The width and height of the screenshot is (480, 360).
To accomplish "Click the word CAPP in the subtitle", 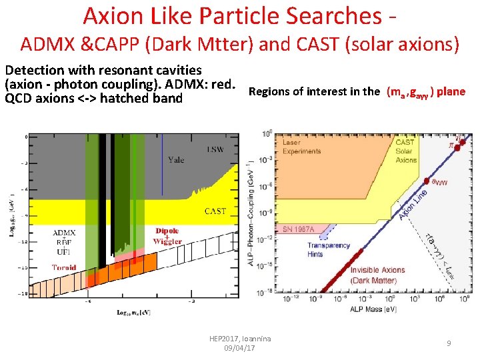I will click(x=113, y=45).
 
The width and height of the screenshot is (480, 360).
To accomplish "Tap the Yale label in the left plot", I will click(x=176, y=159).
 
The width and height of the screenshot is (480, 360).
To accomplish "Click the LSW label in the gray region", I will click(x=215, y=149).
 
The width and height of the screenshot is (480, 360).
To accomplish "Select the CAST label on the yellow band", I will click(x=215, y=211).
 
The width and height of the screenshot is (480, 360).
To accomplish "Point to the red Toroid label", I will click(x=64, y=267).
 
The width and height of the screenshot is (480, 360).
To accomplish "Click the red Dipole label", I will click(x=167, y=231).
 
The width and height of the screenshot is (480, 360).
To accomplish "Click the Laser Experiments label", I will click(x=301, y=147).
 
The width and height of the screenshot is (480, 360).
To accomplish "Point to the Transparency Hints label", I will click(x=329, y=249).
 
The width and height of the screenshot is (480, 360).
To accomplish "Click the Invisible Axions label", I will click(x=377, y=270).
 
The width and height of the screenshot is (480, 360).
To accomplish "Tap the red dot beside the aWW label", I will click(x=427, y=179).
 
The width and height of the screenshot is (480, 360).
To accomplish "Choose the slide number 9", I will click(x=449, y=343).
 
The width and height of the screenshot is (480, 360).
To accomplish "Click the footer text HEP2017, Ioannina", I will click(x=240, y=339).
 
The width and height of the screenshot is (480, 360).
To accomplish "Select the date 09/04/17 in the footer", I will click(x=240, y=348).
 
